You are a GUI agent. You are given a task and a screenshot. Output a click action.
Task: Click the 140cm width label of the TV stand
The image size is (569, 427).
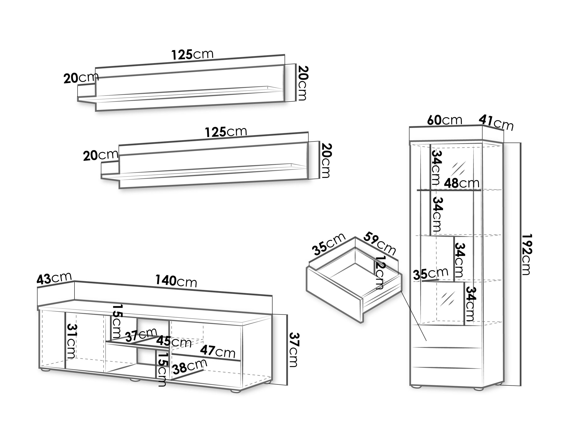tap(176, 281)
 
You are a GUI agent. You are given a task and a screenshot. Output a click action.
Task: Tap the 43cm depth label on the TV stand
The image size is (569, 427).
tap(54, 279)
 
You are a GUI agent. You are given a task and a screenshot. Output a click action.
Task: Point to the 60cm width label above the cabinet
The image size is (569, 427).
tap(444, 120)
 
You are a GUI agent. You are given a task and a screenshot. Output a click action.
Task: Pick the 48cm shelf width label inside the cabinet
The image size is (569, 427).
tap(462, 183)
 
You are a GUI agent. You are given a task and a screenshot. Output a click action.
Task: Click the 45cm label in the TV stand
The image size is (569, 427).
tap(174, 342)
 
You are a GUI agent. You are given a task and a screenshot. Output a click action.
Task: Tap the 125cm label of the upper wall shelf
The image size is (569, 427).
tap(192, 54)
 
